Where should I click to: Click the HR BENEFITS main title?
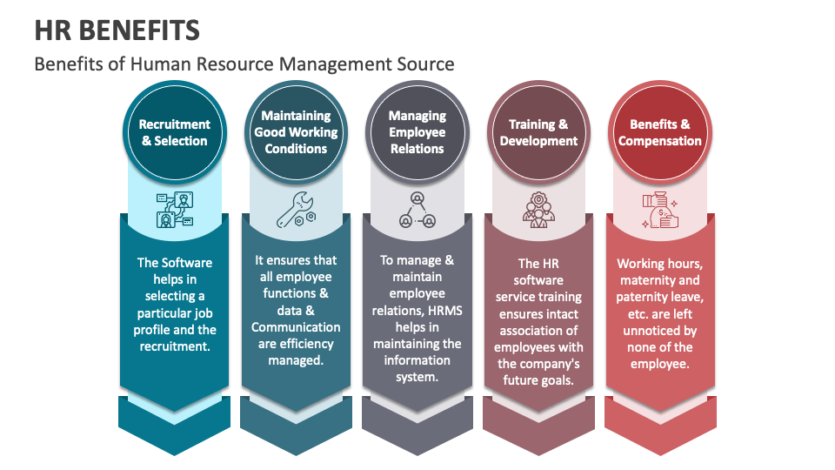pyautogui.click(x=117, y=30)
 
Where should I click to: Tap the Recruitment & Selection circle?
pyautogui.click(x=174, y=132)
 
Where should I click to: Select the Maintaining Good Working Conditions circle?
pyautogui.click(x=296, y=132)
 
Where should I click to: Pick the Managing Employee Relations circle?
pyautogui.click(x=417, y=132)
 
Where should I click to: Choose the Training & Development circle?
pyautogui.click(x=538, y=132)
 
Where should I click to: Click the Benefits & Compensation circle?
pyautogui.click(x=660, y=132)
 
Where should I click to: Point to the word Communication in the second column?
pyautogui.click(x=296, y=327)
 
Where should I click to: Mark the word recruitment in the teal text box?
pyautogui.click(x=175, y=347)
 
